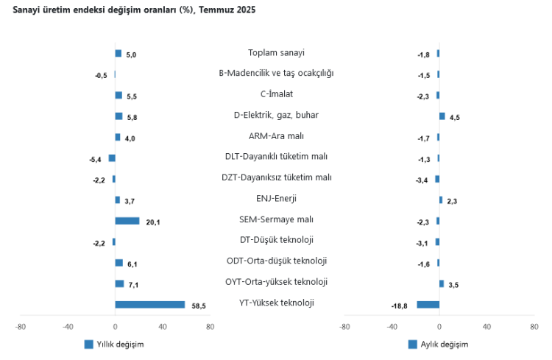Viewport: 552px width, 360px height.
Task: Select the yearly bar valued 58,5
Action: [x=150, y=304]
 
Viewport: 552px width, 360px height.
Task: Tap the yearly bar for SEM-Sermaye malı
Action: [x=127, y=220]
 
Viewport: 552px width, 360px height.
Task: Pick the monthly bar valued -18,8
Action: [x=428, y=304]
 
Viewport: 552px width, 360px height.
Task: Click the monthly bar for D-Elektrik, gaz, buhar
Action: [x=442, y=116]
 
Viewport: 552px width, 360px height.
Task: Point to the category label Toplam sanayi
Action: [x=276, y=53]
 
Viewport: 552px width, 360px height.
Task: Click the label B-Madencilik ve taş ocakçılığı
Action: [x=276, y=74]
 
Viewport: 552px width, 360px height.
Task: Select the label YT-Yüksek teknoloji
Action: [x=276, y=303]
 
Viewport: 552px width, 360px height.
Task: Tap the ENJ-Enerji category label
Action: [x=276, y=199]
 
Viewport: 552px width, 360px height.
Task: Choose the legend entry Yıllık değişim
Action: [x=114, y=344]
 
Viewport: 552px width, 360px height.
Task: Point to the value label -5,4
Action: [x=95, y=159]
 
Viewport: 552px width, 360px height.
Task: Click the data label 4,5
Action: [x=455, y=117]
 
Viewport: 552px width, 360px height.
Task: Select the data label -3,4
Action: [x=422, y=180]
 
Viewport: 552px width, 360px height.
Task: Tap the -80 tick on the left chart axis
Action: [x=21, y=327]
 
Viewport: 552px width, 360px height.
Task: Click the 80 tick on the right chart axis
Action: [x=534, y=327]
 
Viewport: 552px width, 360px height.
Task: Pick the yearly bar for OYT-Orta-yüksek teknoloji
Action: [x=119, y=283]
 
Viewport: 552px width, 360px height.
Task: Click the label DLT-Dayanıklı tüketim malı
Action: [x=276, y=157]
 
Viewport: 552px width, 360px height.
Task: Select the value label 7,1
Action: [x=132, y=284]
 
